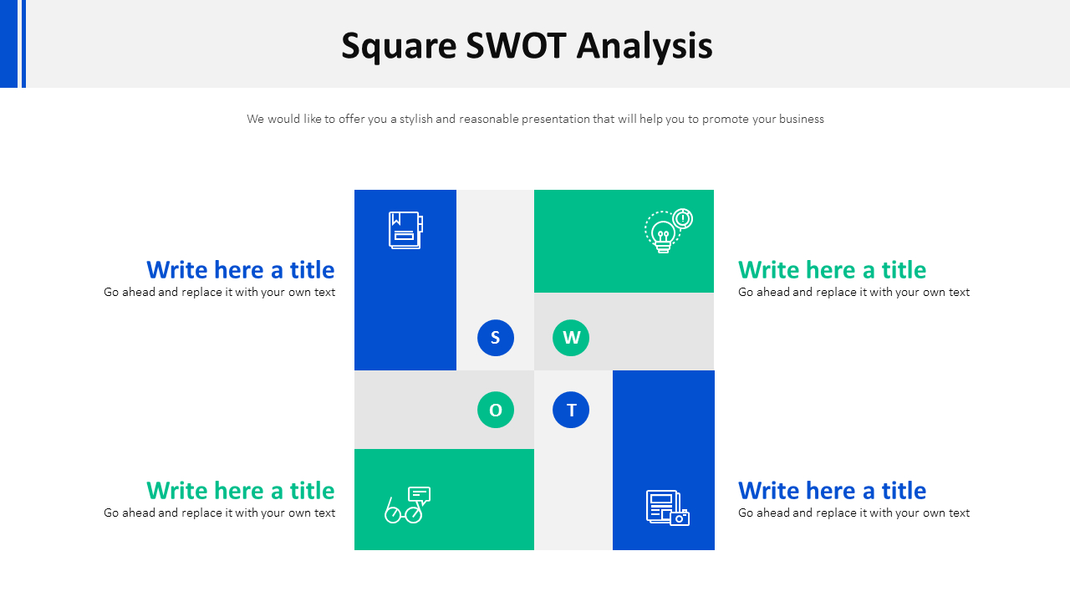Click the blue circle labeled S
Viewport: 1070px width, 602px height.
pyautogui.click(x=496, y=338)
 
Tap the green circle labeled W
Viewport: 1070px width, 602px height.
pyautogui.click(x=571, y=338)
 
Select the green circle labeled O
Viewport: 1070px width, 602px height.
pyautogui.click(x=496, y=410)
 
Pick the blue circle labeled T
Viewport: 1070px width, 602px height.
pyautogui.click(x=571, y=410)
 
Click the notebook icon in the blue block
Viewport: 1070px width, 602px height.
pyautogui.click(x=405, y=230)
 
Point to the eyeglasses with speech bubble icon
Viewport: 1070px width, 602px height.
pyautogui.click(x=407, y=505)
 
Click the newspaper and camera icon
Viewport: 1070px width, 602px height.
pyautogui.click(x=667, y=508)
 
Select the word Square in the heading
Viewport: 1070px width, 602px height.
pyautogui.click(x=399, y=47)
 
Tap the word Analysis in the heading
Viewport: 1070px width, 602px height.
pyautogui.click(x=645, y=47)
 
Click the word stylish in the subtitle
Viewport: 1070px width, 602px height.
pyautogui.click(x=415, y=120)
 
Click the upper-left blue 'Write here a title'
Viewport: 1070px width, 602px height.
pyautogui.click(x=241, y=270)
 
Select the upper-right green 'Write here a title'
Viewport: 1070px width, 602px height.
pyautogui.click(x=832, y=270)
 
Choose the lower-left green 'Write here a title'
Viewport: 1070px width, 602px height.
pyautogui.click(x=241, y=491)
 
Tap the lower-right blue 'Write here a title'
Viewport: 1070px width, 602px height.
pyautogui.click(x=832, y=491)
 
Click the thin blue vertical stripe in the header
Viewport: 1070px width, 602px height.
pyautogui.click(x=23, y=43)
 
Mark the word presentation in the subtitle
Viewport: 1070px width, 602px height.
pyautogui.click(x=555, y=120)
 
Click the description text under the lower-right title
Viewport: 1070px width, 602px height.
pyautogui.click(x=853, y=513)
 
